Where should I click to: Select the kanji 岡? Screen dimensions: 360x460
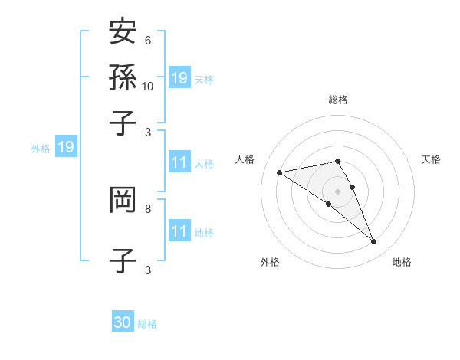click(123, 200)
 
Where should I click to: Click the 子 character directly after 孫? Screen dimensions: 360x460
click(123, 123)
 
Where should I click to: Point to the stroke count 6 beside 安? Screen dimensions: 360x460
click(148, 41)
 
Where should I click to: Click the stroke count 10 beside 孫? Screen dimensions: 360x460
click(148, 87)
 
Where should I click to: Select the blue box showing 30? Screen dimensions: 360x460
click(123, 322)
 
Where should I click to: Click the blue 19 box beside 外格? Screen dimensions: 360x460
click(66, 148)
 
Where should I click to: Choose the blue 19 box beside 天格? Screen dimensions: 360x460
click(179, 77)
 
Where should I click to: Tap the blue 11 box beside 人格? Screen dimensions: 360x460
click(179, 162)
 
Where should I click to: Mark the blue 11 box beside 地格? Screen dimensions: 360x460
click(179, 231)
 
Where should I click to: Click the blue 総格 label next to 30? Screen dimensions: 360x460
click(147, 324)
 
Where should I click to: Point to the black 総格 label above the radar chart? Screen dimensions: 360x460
click(338, 100)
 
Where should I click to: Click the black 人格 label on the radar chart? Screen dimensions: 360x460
click(245, 159)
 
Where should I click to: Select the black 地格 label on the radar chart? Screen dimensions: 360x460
click(402, 262)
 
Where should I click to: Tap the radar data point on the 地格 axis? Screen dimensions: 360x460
click(373, 242)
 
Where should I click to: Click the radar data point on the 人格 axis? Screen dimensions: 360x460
click(280, 172)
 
